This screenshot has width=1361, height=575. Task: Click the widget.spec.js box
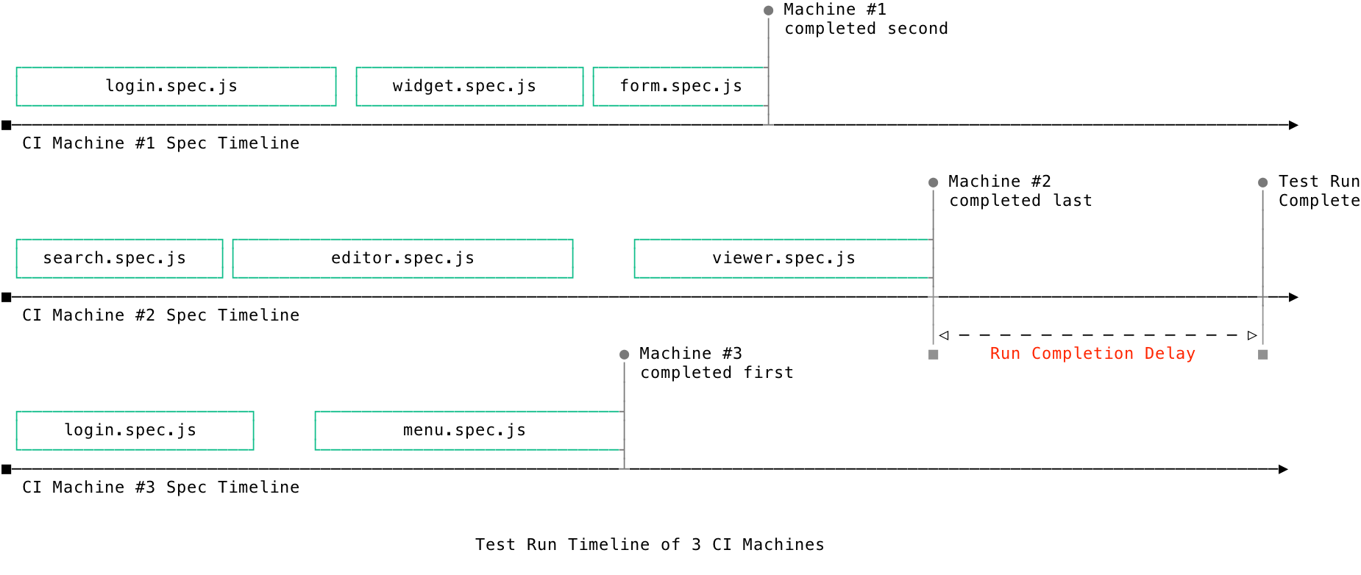coord(469,87)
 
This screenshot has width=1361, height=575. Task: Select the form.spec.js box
coord(680,87)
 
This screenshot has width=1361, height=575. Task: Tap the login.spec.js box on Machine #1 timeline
coord(176,87)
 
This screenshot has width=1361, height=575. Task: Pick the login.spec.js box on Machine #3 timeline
coord(135,431)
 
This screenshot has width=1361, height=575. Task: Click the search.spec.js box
coord(119,259)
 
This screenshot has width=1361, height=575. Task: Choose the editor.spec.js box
coord(402,259)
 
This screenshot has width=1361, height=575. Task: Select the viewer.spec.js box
coord(783,259)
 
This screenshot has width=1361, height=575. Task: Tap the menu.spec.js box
coord(469,431)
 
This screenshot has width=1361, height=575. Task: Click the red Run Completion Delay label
coord(1092,354)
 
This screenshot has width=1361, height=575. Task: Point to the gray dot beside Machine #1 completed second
coord(768,10)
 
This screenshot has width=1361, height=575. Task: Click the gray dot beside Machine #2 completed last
coord(933,182)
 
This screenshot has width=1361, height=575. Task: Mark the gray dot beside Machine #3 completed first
coord(624,354)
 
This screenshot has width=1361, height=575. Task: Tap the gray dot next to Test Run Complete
coord(1262,182)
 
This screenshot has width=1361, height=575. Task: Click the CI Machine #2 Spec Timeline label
coord(160,315)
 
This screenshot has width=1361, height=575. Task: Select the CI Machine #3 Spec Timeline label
coord(160,488)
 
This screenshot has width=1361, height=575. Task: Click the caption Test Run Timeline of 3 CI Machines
coord(649,545)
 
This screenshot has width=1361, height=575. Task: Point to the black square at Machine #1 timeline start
coord(7,125)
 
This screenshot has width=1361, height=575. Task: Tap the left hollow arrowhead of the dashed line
coord(944,335)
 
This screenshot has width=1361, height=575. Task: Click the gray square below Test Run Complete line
coord(1262,354)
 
